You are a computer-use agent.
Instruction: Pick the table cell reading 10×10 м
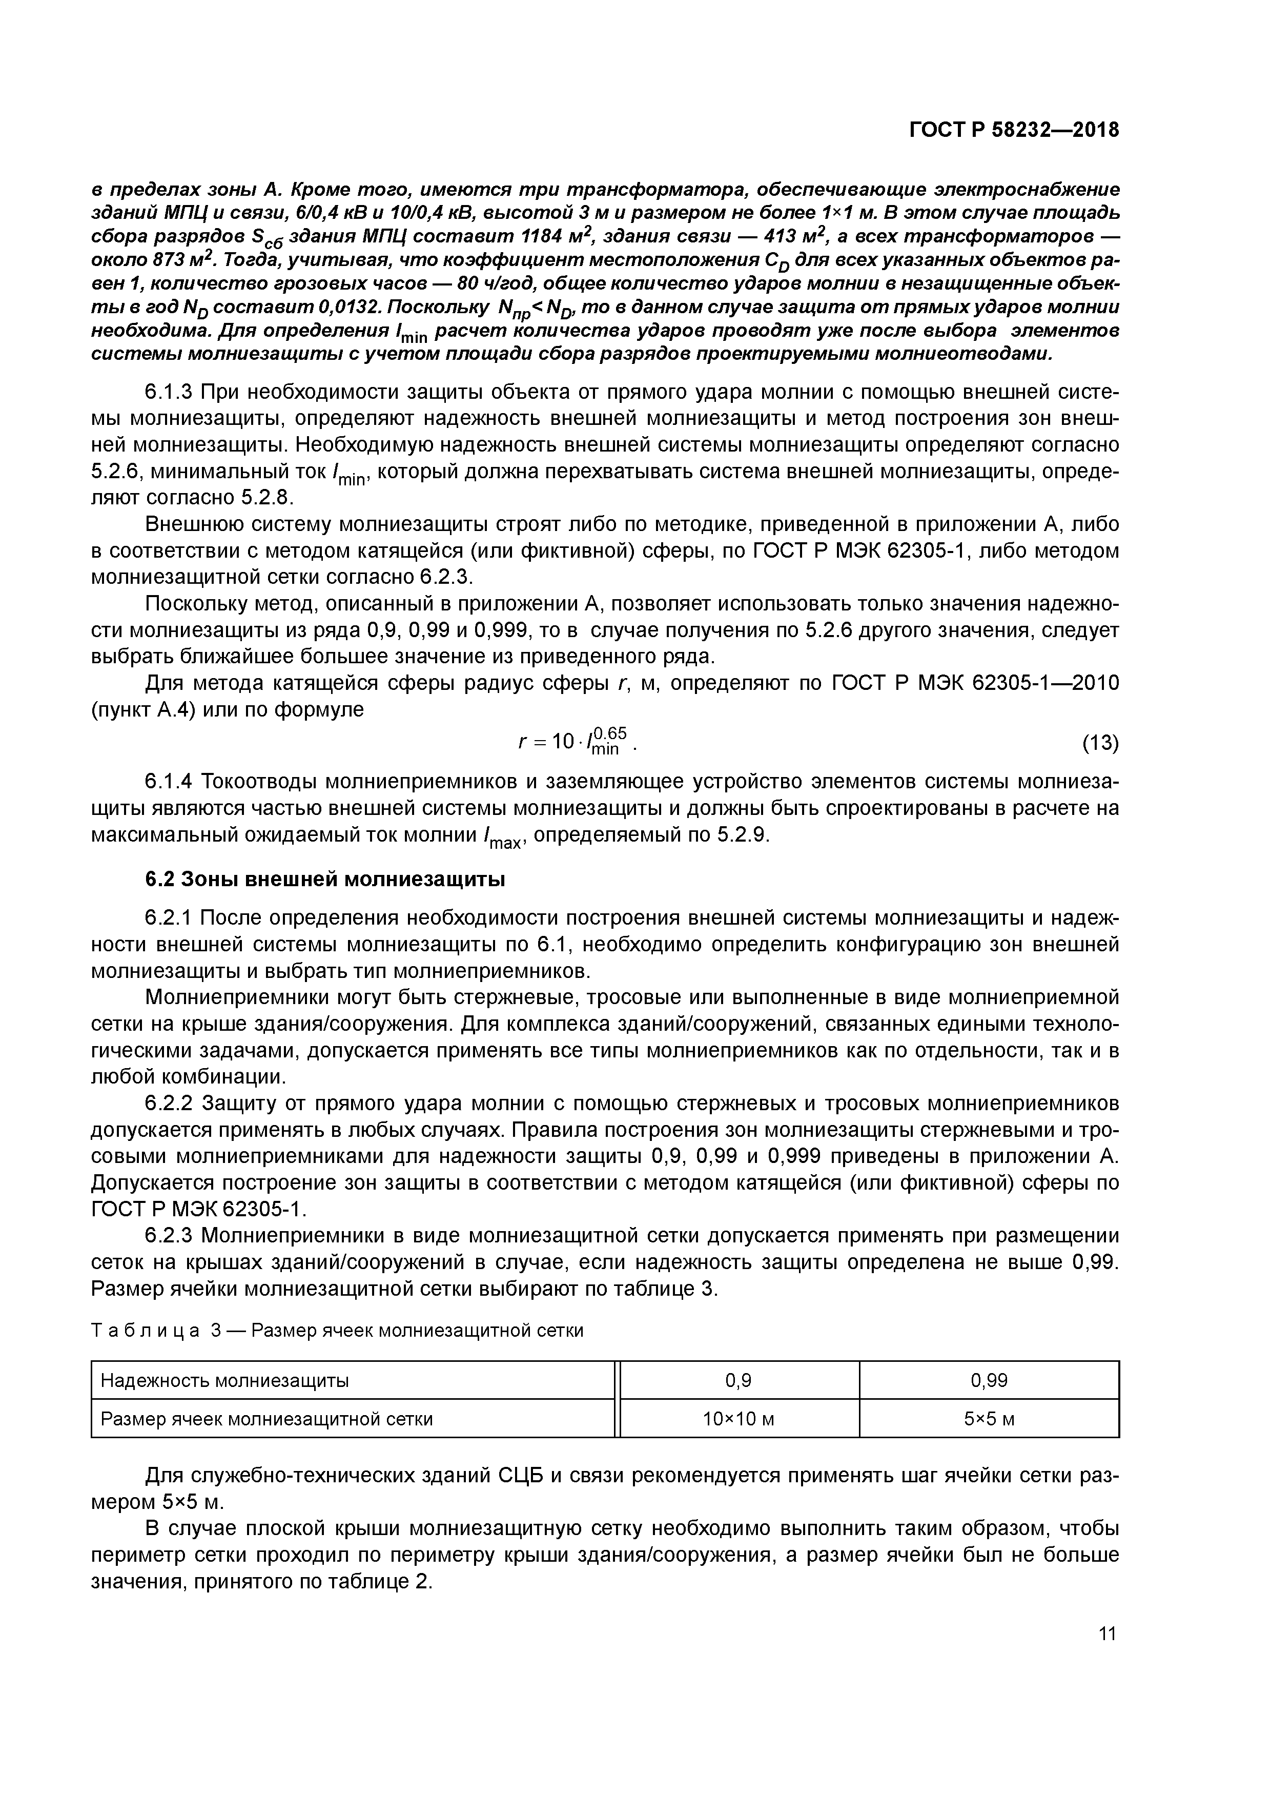739,1418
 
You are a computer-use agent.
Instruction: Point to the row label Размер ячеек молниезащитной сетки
266,1418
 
